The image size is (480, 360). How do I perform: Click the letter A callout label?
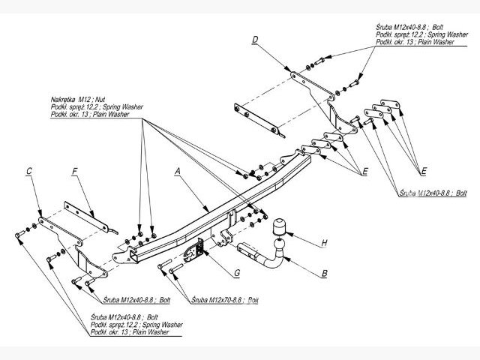pyautogui.click(x=178, y=171)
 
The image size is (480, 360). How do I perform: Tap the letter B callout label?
pyautogui.click(x=324, y=274)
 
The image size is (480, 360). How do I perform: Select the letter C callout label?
pyautogui.click(x=28, y=172)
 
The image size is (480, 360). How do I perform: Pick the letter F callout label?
pyautogui.click(x=74, y=172)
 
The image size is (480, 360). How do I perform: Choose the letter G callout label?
pyautogui.click(x=236, y=274)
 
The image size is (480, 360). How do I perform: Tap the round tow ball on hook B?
pyautogui.click(x=278, y=241)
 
